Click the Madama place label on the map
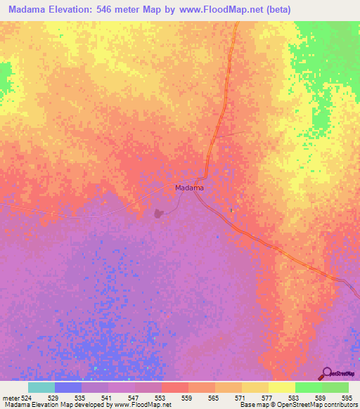[x=189, y=188]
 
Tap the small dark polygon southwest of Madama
[x=159, y=212]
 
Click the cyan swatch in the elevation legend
[x=41, y=387]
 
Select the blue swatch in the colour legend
[x=67, y=387]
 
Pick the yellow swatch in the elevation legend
[x=281, y=387]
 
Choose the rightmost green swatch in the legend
[x=335, y=387]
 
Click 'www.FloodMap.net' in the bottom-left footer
[x=143, y=405]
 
